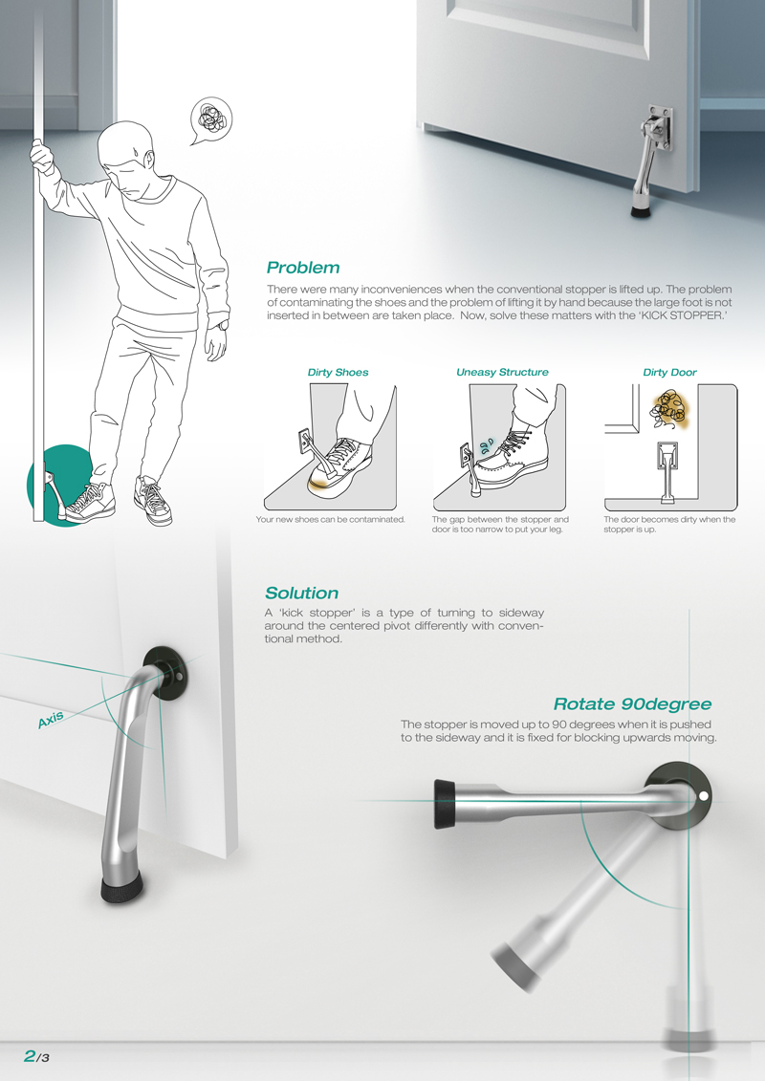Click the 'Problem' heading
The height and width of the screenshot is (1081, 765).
point(302,268)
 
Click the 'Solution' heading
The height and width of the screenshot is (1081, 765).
point(301,594)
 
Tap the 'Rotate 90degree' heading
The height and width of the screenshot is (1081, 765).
point(632,704)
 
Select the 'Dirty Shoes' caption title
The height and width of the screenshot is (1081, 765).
point(338,372)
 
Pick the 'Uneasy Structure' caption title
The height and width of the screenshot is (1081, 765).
point(502,372)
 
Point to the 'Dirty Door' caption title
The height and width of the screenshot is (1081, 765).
point(669,372)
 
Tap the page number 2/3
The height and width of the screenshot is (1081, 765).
point(36,1055)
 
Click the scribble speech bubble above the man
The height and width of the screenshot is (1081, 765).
point(211,119)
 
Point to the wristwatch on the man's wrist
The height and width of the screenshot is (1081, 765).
point(223,325)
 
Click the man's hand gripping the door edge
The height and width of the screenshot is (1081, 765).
point(40,154)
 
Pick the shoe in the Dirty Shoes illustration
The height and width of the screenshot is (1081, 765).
point(339,465)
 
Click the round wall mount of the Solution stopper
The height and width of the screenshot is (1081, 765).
point(167,669)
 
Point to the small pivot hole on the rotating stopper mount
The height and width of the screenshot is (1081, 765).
point(704,795)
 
